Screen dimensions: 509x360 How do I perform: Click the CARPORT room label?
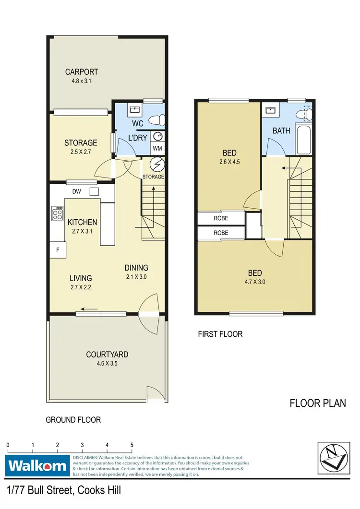[82, 72]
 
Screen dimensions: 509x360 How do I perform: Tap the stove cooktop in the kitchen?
[57, 213]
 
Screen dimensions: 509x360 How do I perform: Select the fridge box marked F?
[58, 249]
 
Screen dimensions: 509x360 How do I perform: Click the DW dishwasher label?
[76, 191]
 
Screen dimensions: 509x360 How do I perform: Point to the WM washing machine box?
[157, 148]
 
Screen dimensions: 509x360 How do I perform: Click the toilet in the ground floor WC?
[156, 119]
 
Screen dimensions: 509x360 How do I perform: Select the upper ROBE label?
[221, 218]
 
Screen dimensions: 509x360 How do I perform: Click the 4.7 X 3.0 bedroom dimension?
[254, 282]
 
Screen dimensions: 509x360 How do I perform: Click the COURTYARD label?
[107, 355]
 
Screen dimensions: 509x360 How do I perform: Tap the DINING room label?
[136, 268]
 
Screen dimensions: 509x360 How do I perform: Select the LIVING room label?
[80, 278]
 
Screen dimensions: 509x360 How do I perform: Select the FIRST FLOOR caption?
[220, 334]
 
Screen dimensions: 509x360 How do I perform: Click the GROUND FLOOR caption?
[73, 420]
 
